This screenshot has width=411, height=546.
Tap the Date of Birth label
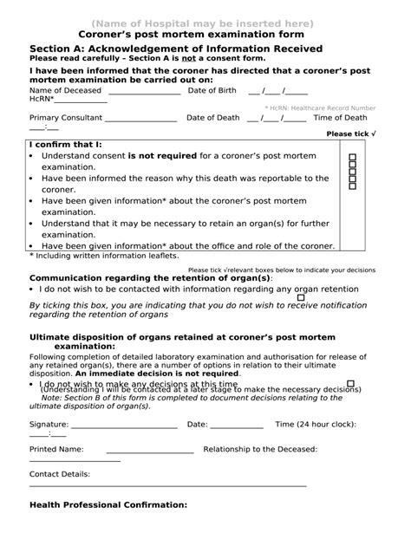[212, 90]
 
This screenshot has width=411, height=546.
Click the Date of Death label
[212, 117]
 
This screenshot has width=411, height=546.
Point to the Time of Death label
[340, 117]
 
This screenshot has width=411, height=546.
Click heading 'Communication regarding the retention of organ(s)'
[150, 278]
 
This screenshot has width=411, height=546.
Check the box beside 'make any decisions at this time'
[350, 383]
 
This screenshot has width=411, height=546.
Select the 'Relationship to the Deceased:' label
[260, 450]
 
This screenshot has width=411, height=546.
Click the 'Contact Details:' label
[60, 475]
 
